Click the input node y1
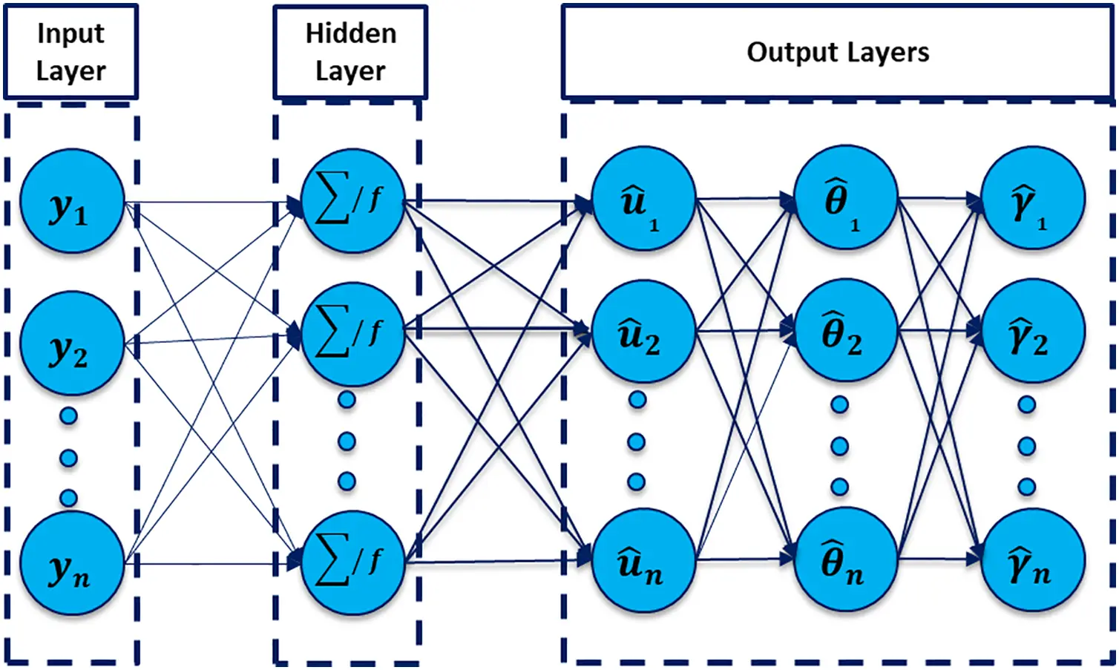pos(71,202)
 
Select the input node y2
pos(71,343)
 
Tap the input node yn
pos(71,564)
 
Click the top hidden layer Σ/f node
pos(352,200)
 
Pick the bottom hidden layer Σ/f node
pos(352,562)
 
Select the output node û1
pos(643,199)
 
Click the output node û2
pos(643,331)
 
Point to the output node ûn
pos(643,560)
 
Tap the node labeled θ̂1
pos(845,197)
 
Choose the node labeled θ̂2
pos(845,330)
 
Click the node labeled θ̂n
pos(845,559)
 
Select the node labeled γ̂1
pos(1033,199)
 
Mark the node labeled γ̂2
pos(1033,331)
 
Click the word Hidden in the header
pos(351,33)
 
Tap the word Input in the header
pos(70,33)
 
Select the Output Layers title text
pos(837,52)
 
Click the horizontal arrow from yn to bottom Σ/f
pos(215,564)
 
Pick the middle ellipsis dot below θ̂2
pos(839,446)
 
